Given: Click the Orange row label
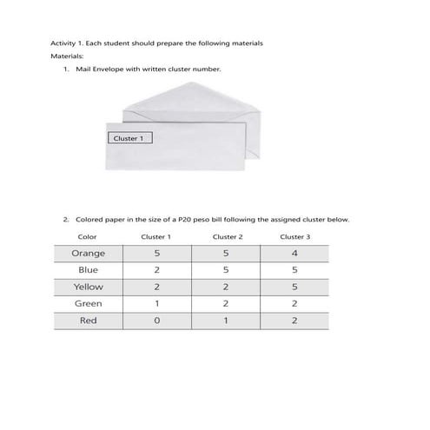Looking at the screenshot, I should (88, 253).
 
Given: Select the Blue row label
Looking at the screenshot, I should (88, 270).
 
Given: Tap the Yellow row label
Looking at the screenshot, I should (88, 287).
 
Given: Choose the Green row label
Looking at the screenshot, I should (88, 303).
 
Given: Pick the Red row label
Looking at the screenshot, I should (88, 321).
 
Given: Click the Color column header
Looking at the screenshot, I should (87, 236).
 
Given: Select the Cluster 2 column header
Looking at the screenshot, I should (227, 236).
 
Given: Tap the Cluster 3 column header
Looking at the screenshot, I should (294, 236).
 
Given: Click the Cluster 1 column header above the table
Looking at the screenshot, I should (156, 236).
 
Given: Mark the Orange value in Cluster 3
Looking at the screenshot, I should (294, 253).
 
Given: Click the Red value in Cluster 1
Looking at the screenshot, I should (156, 321).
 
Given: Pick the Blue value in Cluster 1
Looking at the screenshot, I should (156, 270).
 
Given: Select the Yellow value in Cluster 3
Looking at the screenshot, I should (294, 287).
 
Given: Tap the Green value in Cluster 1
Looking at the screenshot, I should (156, 303).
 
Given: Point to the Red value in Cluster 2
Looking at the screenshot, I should (226, 321).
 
